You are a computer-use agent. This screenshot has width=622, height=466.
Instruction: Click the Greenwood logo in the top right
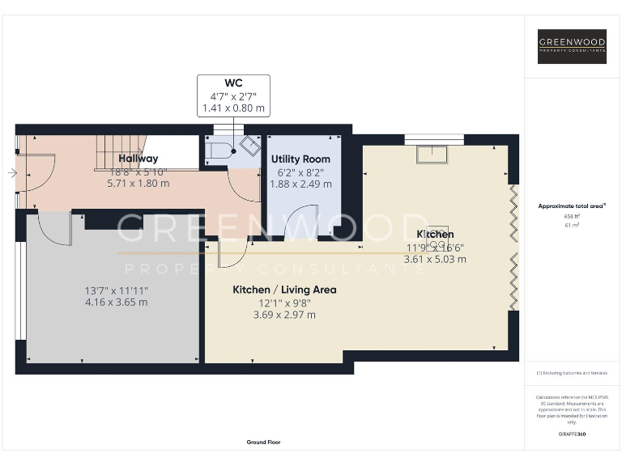(572, 46)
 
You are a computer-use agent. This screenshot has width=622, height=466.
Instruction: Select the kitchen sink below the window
(434, 154)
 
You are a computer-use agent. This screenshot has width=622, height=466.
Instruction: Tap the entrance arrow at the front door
(11, 172)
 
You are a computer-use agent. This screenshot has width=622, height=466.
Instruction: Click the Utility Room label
(300, 159)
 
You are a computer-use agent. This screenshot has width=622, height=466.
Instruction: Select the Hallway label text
(138, 159)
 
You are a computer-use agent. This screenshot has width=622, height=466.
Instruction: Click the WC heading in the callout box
(233, 83)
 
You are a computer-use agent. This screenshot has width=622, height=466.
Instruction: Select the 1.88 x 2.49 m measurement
(300, 184)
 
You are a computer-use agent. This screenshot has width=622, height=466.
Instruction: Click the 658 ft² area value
(572, 217)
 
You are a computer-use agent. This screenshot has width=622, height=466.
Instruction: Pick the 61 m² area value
(572, 226)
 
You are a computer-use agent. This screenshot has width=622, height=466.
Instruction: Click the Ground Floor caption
(263, 442)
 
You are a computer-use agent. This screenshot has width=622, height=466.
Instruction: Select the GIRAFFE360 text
(572, 435)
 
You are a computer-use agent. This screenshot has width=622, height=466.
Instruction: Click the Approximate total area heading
(571, 206)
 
